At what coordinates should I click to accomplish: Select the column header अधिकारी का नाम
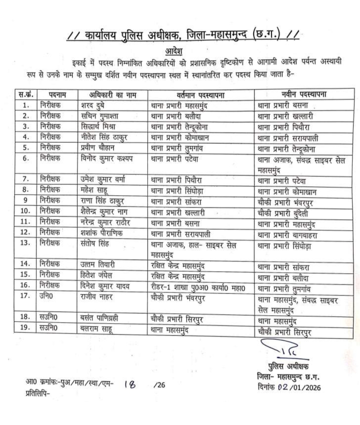click(113, 95)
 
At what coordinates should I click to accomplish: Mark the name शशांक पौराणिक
click(102, 233)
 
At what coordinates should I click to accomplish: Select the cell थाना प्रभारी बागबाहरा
click(287, 235)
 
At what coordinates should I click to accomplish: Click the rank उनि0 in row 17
click(46, 295)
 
